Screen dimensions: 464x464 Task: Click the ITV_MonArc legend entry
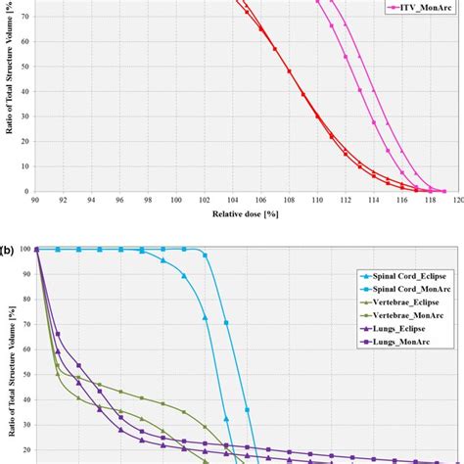[414, 7]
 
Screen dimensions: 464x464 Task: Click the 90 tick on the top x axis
[35, 201]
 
